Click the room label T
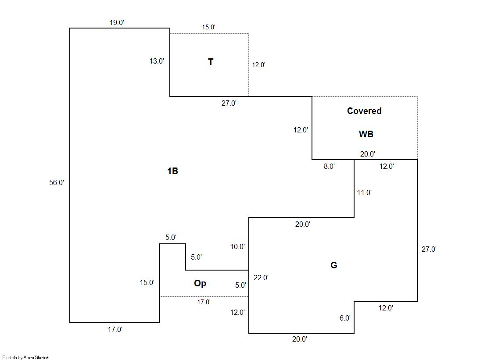point(211,62)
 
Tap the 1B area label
point(172,171)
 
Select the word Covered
point(364,111)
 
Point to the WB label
point(366,134)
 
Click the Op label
point(200,283)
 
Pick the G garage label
point(333,265)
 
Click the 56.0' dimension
point(57,183)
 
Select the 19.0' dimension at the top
point(117,23)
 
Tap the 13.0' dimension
point(157,61)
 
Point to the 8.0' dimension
point(329,167)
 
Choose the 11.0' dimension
point(364,192)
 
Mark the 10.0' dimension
point(237,246)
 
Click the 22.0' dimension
point(261,277)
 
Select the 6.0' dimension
point(345,318)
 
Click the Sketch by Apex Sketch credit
point(26,357)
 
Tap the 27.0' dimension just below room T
point(229,103)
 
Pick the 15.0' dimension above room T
point(208,27)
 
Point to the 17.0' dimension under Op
point(204,302)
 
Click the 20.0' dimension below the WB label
point(367,154)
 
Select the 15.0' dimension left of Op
point(147,283)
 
